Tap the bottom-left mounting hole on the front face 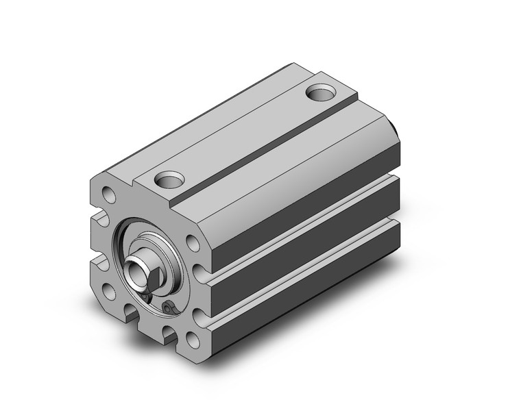point(110,292)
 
